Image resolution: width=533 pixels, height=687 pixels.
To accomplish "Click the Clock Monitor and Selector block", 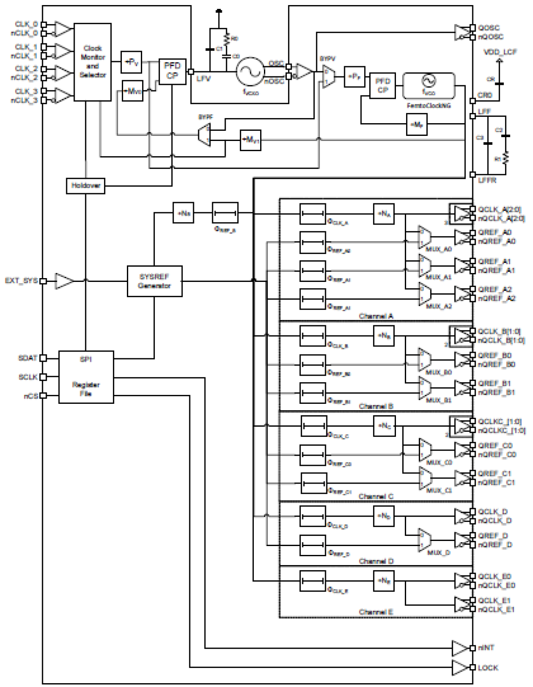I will pos(93,62).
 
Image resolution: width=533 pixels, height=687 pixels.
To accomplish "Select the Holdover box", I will pos(85,186).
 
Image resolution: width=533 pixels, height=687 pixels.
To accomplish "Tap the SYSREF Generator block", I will pos(154,281).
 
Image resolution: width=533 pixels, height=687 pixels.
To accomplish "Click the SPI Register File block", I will pos(86,377).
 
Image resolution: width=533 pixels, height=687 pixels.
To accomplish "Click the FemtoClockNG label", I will pos(429,105).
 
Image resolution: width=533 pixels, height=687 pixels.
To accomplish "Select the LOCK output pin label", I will pos(488,667).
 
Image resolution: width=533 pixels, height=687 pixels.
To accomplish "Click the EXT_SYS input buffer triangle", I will pos(64,281).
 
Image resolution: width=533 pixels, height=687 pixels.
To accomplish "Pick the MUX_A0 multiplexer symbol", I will pos(424,237).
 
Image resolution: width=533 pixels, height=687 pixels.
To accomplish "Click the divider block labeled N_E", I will pos(384,581).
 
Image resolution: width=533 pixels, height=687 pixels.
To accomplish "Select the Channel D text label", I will pos(376,561).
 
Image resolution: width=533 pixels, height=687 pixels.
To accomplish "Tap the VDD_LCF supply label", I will pos(500,52).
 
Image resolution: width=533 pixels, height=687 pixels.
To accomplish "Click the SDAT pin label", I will pos(28,358).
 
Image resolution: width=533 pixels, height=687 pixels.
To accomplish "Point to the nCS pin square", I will pos(43,396).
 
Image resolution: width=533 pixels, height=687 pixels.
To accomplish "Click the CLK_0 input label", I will pos(26,24).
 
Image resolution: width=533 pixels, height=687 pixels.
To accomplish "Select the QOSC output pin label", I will pos(489,28).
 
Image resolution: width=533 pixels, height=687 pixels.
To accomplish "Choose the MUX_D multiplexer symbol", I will pos(424,540).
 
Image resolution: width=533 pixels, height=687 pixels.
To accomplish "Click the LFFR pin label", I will pos(487,180).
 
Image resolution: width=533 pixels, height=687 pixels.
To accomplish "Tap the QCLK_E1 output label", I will pos(494,600).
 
